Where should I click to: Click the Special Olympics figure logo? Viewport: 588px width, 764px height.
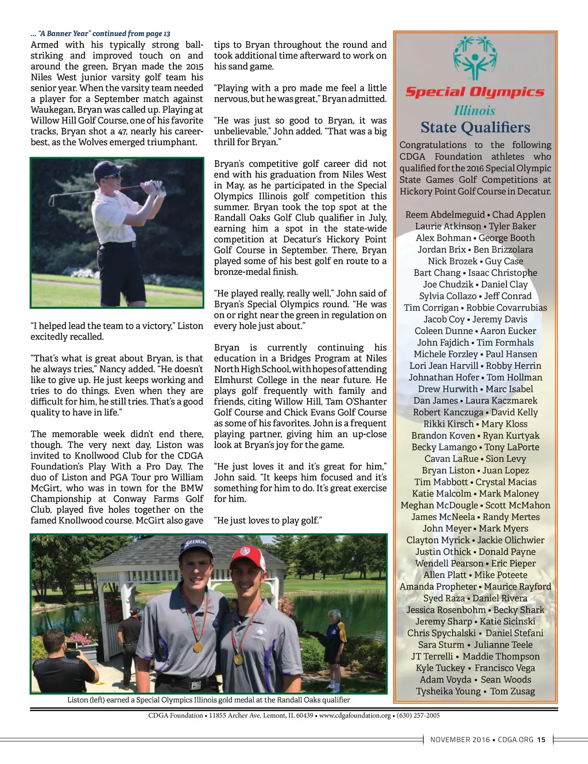pos(475,58)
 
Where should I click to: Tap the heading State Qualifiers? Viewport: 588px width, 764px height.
pos(475,128)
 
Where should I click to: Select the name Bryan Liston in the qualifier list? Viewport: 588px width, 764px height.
pos(448,470)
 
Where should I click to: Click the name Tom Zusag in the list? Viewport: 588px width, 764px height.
pos(512,691)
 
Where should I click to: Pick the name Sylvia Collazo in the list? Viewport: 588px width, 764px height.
pos(447,296)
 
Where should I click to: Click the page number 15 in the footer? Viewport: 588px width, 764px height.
pos(541,740)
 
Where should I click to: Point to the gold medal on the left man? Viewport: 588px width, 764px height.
pos(198,646)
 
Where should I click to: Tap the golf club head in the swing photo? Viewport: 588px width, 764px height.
pos(52,199)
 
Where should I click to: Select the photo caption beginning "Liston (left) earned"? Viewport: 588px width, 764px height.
pos(208,700)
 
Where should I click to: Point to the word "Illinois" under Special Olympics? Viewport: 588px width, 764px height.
pos(474,110)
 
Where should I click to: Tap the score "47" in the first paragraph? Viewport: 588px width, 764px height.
pos(122,132)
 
